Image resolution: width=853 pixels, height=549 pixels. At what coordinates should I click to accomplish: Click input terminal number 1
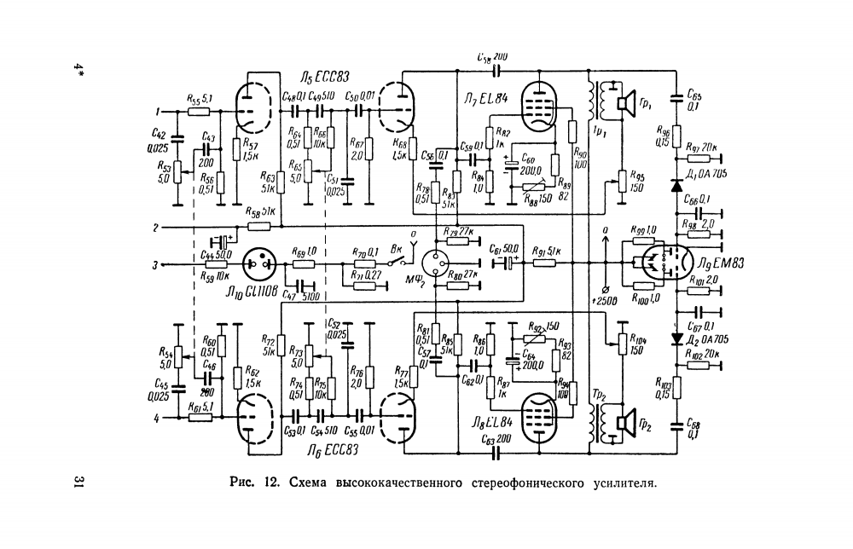pos(157,112)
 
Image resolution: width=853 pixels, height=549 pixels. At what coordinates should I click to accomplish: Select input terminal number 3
pos(157,265)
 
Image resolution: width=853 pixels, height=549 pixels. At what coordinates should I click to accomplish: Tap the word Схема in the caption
pos(310,482)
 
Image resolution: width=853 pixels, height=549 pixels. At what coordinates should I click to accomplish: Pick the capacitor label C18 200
pos(494,56)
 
